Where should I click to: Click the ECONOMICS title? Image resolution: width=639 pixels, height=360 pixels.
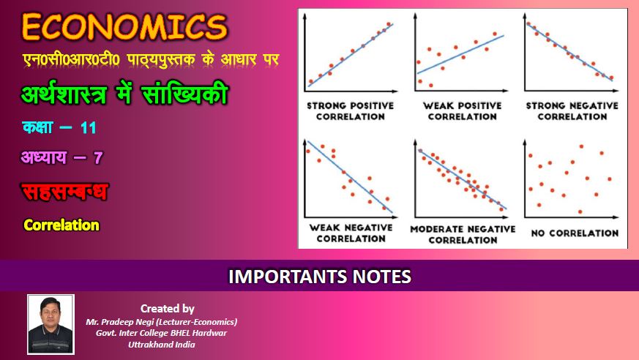(x=124, y=27)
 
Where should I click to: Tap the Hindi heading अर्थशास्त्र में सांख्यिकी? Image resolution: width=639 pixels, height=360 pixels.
(x=124, y=94)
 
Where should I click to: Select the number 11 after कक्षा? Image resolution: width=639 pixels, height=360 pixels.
(x=89, y=128)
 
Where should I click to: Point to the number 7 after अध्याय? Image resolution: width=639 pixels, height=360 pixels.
(x=98, y=157)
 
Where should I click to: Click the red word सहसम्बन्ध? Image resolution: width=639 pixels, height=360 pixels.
(x=65, y=192)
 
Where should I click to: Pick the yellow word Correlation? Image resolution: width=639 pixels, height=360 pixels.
(x=61, y=225)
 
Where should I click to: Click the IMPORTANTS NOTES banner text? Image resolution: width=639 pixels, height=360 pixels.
(x=319, y=277)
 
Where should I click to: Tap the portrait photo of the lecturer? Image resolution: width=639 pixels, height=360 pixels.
(x=51, y=324)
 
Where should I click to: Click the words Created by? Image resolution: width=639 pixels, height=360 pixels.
(x=168, y=309)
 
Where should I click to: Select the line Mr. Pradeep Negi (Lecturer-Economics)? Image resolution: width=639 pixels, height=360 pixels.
(x=161, y=322)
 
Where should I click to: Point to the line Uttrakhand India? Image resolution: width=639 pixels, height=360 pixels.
(x=161, y=345)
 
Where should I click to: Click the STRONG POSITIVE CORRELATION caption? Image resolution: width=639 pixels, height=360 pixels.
(x=351, y=111)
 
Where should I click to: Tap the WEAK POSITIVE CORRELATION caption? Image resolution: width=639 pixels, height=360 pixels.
(x=462, y=111)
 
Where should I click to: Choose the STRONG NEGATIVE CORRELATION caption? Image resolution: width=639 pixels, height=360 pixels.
(x=572, y=111)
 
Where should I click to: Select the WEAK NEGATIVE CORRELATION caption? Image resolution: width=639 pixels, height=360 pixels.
(x=351, y=233)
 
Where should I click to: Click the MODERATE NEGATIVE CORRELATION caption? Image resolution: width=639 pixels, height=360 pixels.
(x=463, y=235)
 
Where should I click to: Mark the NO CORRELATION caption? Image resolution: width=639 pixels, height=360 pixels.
(x=575, y=233)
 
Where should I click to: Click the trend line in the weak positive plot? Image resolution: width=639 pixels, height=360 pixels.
(x=460, y=55)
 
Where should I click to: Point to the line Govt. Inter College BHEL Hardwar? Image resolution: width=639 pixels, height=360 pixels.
(x=161, y=333)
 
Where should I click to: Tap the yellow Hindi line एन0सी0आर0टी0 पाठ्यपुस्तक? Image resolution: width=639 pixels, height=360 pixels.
(x=151, y=60)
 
